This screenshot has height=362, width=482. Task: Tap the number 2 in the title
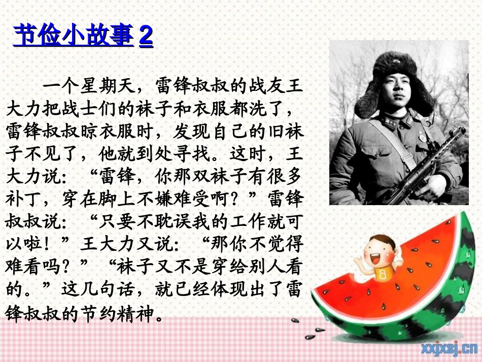coord(146,36)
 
